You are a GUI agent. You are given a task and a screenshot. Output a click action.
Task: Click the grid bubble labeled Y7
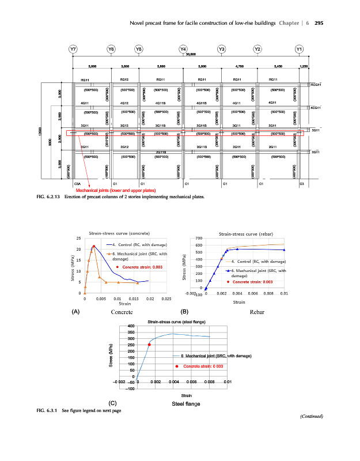[x=73, y=49]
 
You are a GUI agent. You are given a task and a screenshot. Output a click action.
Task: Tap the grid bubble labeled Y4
[x=183, y=49]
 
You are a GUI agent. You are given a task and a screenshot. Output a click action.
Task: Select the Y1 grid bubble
[x=299, y=49]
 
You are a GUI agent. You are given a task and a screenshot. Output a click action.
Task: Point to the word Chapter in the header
[x=288, y=22]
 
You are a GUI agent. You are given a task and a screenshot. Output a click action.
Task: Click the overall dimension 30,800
[x=190, y=54]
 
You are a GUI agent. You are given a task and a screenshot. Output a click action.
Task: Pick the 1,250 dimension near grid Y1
[x=305, y=67]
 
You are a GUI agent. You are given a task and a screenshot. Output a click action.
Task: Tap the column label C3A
[x=77, y=183]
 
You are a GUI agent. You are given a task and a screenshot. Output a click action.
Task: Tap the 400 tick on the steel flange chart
[x=130, y=327]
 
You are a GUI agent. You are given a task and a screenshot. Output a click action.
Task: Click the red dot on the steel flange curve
[x=149, y=345]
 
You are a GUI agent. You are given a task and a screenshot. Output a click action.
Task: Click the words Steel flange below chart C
[x=186, y=403]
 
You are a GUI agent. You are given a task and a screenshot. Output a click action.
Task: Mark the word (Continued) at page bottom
[x=312, y=416]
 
